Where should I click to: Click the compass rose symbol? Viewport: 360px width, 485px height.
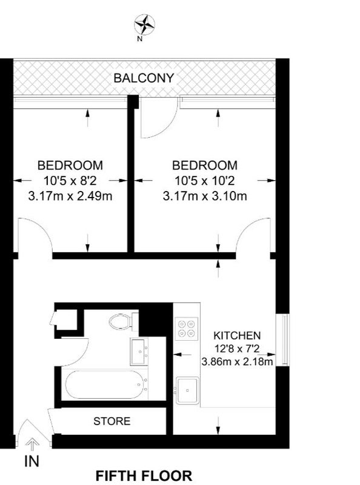tap(144, 25)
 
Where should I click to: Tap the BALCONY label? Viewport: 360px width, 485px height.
tap(144, 78)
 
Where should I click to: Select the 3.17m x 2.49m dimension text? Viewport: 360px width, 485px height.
tap(70, 196)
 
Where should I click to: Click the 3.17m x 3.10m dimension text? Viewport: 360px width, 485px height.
tap(205, 196)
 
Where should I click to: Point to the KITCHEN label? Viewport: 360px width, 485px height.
tap(237, 335)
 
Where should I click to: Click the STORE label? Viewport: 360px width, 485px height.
tap(112, 421)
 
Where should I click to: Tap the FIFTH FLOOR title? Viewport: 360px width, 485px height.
tap(144, 475)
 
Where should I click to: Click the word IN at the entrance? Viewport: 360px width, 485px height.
tap(32, 461)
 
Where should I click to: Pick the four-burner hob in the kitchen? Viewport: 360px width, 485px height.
tap(187, 329)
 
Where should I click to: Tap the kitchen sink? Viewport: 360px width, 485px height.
tap(187, 390)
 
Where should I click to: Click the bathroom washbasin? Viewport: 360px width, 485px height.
tap(139, 352)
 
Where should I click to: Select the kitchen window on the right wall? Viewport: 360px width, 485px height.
tap(286, 339)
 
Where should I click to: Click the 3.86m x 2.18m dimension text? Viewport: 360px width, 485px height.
tap(237, 361)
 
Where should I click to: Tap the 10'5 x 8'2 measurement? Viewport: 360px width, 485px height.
tap(70, 180)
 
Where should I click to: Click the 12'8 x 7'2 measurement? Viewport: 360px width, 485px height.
tap(237, 349)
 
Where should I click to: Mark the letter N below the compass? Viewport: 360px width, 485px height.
tap(140, 39)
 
